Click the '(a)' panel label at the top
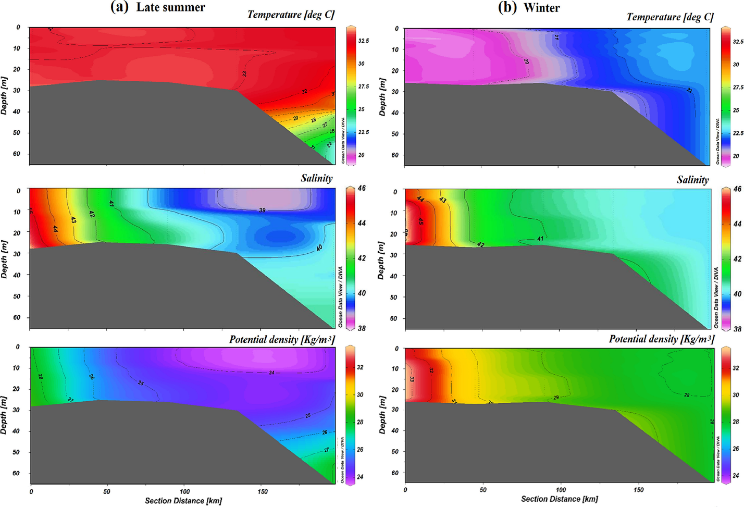click(119, 7)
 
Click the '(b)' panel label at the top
click(507, 7)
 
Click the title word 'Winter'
click(542, 8)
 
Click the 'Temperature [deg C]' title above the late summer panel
click(291, 15)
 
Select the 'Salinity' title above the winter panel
click(692, 180)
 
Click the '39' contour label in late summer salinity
click(262, 210)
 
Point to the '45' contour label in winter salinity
click(421, 221)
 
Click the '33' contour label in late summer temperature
click(244, 74)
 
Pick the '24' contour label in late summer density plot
click(271, 373)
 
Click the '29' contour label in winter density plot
click(556, 398)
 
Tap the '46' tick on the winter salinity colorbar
click(737, 189)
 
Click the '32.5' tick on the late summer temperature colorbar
click(364, 41)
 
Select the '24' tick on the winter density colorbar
click(736, 475)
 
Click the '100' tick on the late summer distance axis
click(184, 491)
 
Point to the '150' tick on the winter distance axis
click(639, 490)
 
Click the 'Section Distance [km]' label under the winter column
click(559, 499)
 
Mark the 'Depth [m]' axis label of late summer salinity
click(4, 259)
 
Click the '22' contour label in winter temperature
click(689, 90)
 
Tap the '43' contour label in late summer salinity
click(73, 220)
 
